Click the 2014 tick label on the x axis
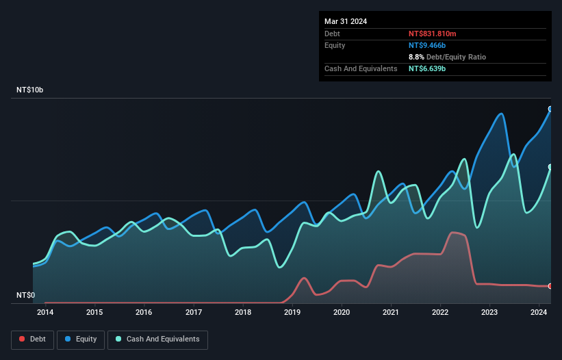[45, 313]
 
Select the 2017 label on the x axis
[194, 313]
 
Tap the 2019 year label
[292, 313]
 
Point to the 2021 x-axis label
[391, 313]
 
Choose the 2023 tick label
[489, 313]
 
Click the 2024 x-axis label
[539, 313]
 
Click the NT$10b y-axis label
[29, 90]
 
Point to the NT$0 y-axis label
[25, 296]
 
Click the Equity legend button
[81, 339]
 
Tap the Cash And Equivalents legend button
[157, 339]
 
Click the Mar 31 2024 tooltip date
[346, 21]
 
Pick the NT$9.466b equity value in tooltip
[428, 45]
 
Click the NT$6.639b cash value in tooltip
[428, 68]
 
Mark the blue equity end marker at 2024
[550, 109]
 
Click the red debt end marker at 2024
[550, 286]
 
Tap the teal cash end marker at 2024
[550, 167]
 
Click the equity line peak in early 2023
[502, 114]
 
